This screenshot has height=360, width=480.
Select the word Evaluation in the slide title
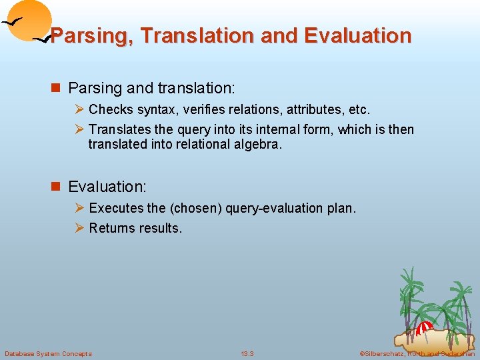(x=358, y=35)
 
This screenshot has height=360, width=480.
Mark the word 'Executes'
(x=114, y=208)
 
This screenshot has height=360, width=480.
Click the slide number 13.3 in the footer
(x=247, y=353)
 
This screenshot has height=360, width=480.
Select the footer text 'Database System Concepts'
(x=48, y=353)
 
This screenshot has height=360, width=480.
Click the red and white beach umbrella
(x=424, y=327)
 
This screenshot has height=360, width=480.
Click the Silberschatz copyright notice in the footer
(x=417, y=353)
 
